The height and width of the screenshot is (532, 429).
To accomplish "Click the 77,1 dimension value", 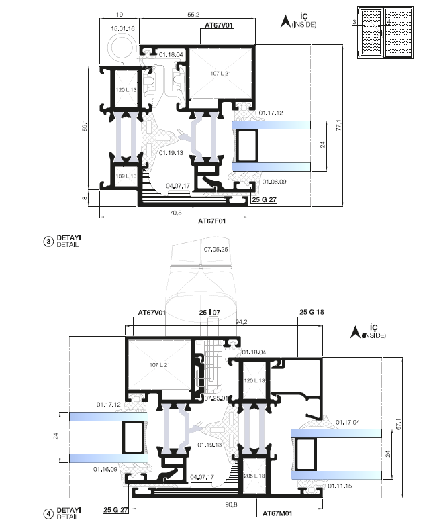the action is click(338, 125).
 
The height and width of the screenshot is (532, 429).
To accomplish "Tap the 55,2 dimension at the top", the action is click(193, 15).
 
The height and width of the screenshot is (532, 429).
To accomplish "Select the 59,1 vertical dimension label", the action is click(85, 126).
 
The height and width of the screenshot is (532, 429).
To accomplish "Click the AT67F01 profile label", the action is click(212, 221).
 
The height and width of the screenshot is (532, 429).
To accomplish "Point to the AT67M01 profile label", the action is click(277, 513).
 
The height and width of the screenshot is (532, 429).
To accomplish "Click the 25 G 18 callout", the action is click(312, 312).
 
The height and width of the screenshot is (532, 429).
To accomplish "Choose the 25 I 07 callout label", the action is click(209, 312).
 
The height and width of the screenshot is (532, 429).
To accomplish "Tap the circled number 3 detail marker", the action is click(48, 242).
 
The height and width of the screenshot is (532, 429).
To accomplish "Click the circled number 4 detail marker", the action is click(48, 514).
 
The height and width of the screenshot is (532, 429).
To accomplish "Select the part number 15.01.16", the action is click(123, 28).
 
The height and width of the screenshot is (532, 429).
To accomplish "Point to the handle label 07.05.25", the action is click(216, 250).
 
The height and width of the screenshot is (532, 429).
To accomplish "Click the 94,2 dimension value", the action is click(241, 321).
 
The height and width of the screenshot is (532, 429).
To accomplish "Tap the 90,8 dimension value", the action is click(231, 504).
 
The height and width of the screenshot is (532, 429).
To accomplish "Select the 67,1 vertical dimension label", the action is click(398, 424).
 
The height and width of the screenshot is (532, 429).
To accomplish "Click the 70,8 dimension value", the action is click(175, 213).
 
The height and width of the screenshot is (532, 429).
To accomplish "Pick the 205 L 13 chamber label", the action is click(254, 476).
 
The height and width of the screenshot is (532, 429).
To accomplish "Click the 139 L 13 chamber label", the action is click(126, 176).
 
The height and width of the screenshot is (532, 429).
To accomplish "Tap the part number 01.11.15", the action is click(340, 486).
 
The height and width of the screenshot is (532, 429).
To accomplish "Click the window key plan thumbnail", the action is click(385, 32).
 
